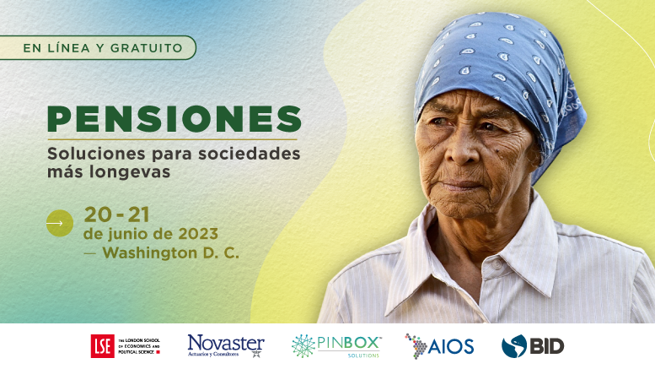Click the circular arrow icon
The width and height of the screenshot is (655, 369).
pyautogui.click(x=59, y=224)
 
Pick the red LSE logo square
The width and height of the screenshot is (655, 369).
pyautogui.click(x=102, y=345)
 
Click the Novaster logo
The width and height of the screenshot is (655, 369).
pyautogui.click(x=226, y=345)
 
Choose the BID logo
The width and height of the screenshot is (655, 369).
pyautogui.click(x=533, y=345)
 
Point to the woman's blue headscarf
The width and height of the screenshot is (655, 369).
pyautogui.click(x=506, y=68)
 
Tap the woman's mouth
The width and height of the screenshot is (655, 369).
pyautogui.click(x=461, y=184)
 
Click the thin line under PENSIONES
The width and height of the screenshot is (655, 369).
pyautogui.click(x=172, y=138)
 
